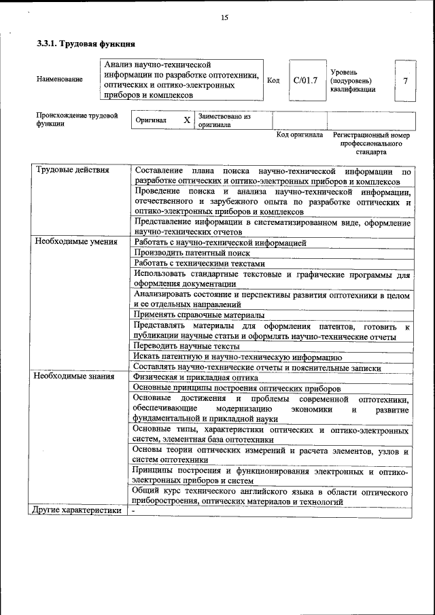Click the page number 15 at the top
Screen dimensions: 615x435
[x=224, y=18]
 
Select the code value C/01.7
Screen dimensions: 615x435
[x=305, y=80]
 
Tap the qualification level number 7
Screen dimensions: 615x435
[x=405, y=81]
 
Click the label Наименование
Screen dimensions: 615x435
[x=60, y=80]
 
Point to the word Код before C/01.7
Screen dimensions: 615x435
[x=273, y=80]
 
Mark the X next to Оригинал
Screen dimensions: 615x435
[x=187, y=120]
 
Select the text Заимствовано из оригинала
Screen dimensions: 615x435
[x=224, y=121]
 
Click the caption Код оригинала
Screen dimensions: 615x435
[x=300, y=135]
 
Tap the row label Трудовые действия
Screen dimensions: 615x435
[x=72, y=170]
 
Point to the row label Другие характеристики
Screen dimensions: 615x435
[x=77, y=510]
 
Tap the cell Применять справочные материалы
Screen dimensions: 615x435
[x=198, y=315]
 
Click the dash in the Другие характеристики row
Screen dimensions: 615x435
[x=134, y=510]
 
